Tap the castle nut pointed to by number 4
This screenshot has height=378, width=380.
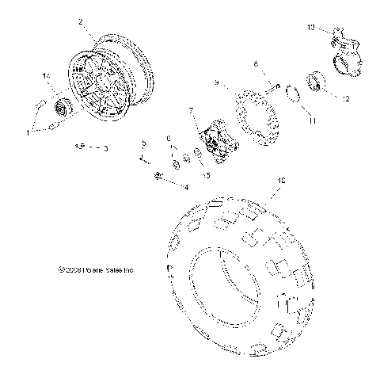click(158, 175)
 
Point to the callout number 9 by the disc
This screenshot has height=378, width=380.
click(215, 82)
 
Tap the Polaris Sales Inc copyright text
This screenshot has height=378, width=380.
click(90, 269)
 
